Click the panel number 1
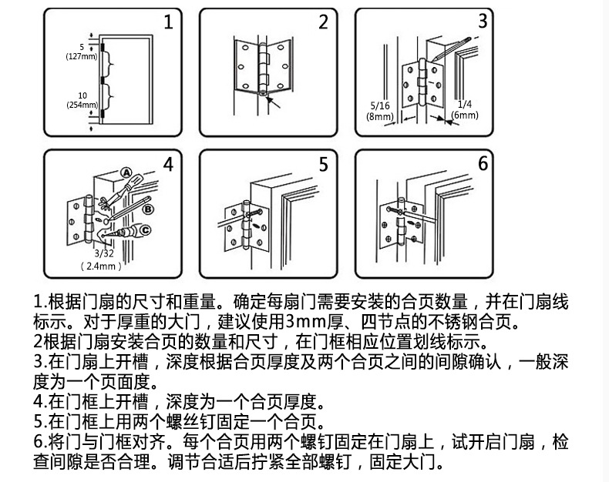[x=169, y=22]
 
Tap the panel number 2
[x=323, y=22]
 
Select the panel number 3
[x=482, y=21]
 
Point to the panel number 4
[x=168, y=164]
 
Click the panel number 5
[x=324, y=164]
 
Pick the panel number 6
[x=483, y=163]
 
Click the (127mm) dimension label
[x=81, y=56]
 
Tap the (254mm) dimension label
[x=81, y=104]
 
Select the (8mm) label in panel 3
[x=380, y=116]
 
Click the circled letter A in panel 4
[x=126, y=173]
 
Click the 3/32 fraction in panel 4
[x=102, y=253]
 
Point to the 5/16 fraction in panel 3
[x=380, y=105]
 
